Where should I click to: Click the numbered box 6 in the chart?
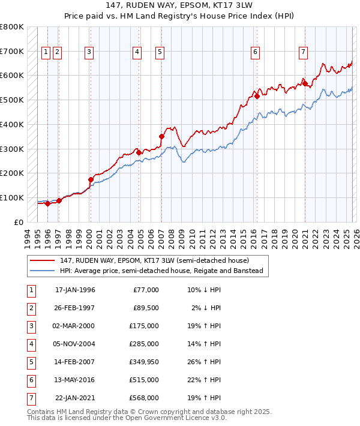coord(255,53)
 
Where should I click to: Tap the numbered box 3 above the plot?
coord(89,53)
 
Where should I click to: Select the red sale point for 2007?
coord(161,137)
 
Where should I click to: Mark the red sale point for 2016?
coord(257,96)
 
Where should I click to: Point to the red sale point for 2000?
coord(91,179)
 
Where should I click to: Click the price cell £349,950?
coord(144,362)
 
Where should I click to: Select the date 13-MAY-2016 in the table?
coord(75,380)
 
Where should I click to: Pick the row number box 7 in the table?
coord(31,398)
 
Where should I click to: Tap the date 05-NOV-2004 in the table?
coord(75,344)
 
